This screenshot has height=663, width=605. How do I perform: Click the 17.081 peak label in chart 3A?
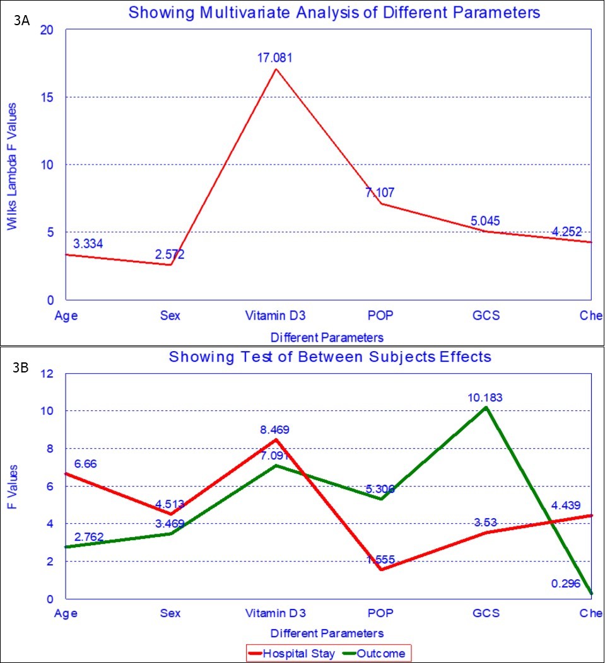point(274,58)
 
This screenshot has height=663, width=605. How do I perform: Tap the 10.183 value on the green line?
point(485,398)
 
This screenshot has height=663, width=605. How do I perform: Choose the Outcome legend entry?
point(380,654)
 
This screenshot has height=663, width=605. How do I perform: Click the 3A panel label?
point(22,20)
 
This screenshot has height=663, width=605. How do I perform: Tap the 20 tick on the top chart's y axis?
point(47,30)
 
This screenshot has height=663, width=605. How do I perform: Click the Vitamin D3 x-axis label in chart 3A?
point(274,316)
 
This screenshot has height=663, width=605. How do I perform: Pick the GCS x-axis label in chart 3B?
point(485,613)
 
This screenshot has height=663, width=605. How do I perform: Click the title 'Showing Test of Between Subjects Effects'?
point(329,357)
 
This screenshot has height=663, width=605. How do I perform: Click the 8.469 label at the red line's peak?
point(274,430)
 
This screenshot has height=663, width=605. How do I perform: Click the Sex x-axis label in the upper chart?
point(170,316)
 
